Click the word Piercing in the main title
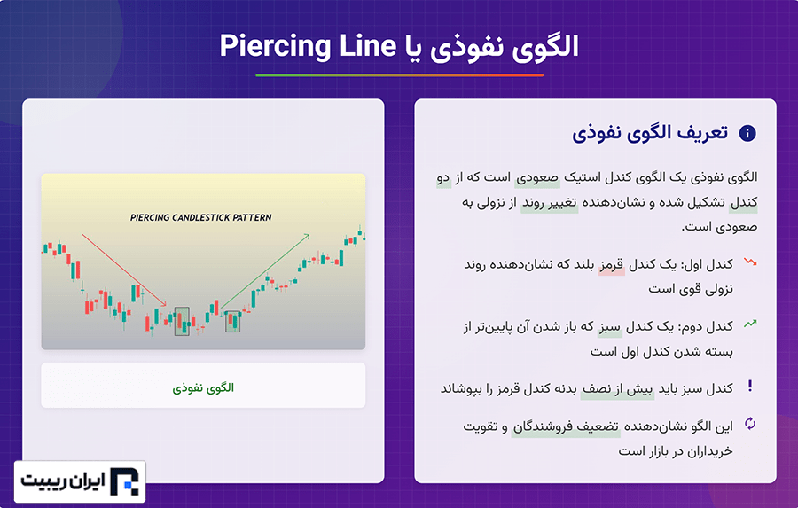[x=275, y=46]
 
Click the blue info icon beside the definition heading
[x=747, y=133]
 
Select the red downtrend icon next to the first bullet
[x=750, y=262]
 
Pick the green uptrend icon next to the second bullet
[x=750, y=324]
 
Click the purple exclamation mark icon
[x=749, y=386]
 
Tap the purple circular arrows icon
[x=750, y=424]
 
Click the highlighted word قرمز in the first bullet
[x=611, y=265]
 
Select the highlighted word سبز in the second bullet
[x=610, y=327]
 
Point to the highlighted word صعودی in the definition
[x=537, y=177]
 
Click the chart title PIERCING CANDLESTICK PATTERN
[x=201, y=217]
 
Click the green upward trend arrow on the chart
[x=265, y=271]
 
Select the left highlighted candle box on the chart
[x=182, y=321]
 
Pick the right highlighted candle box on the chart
[x=232, y=321]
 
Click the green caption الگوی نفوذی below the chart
[x=203, y=388]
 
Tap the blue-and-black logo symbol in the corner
[x=124, y=481]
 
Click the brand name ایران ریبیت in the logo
[x=63, y=481]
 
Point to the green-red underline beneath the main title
[x=400, y=75]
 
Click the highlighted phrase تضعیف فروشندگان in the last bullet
[x=566, y=426]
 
